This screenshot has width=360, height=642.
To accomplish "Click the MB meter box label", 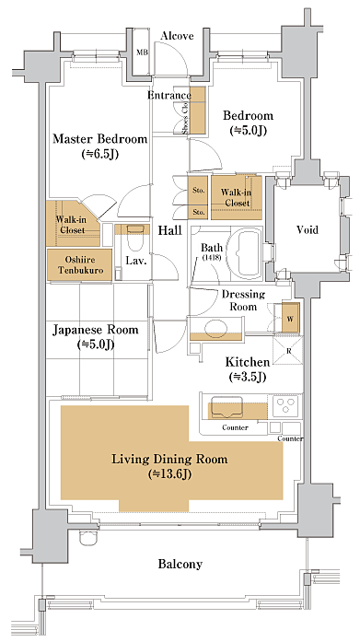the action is pyautogui.click(x=143, y=53).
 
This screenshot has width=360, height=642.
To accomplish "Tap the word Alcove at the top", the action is pyautogui.click(x=177, y=36).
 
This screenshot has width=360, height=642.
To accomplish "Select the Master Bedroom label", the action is pyautogui.click(x=99, y=139).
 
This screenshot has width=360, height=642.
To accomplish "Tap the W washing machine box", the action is pyautogui.click(x=290, y=318).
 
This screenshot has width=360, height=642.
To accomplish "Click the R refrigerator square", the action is pyautogui.click(x=288, y=350).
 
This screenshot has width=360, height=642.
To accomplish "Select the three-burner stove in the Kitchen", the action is pyautogui.click(x=285, y=405).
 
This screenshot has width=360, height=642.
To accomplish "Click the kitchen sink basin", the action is pyautogui.click(x=227, y=407).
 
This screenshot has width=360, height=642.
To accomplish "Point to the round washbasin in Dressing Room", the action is pyautogui.click(x=216, y=328).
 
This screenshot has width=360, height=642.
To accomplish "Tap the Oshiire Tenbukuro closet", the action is pyautogui.click(x=80, y=265).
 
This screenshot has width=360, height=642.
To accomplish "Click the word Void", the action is pyautogui.click(x=308, y=229).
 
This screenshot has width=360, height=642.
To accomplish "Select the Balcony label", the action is pyautogui.click(x=180, y=565).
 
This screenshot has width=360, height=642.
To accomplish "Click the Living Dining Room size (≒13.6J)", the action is pyautogui.click(x=170, y=474).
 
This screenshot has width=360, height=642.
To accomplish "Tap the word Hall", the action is pyautogui.click(x=170, y=231).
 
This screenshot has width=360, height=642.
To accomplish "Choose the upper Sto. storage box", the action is pyautogui.click(x=198, y=191).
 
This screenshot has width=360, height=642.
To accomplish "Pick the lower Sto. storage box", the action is pyautogui.click(x=198, y=213).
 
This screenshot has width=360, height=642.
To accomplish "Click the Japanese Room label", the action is pyautogui.click(x=96, y=330).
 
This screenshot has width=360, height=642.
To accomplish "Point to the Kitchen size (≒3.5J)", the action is pyautogui.click(x=248, y=377).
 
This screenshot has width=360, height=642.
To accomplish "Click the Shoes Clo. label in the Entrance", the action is pyautogui.click(x=185, y=118).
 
